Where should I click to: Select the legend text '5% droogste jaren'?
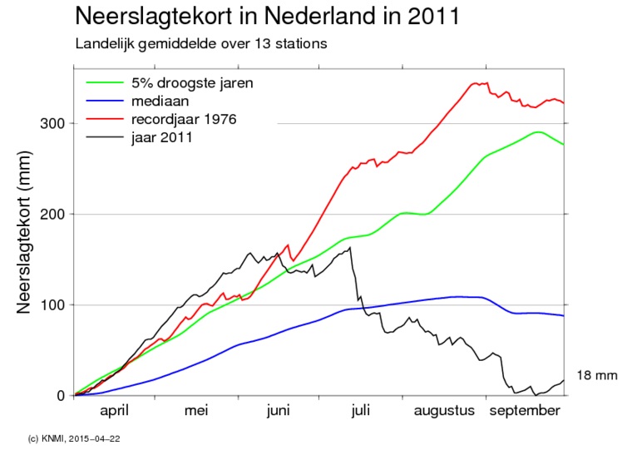[192, 83]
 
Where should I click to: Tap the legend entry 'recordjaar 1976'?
[183, 119]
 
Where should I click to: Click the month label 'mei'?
[195, 411]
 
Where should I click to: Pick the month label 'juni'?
[279, 411]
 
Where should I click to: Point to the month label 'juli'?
[361, 411]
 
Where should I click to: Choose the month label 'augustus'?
[445, 411]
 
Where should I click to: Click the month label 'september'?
[524, 411]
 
